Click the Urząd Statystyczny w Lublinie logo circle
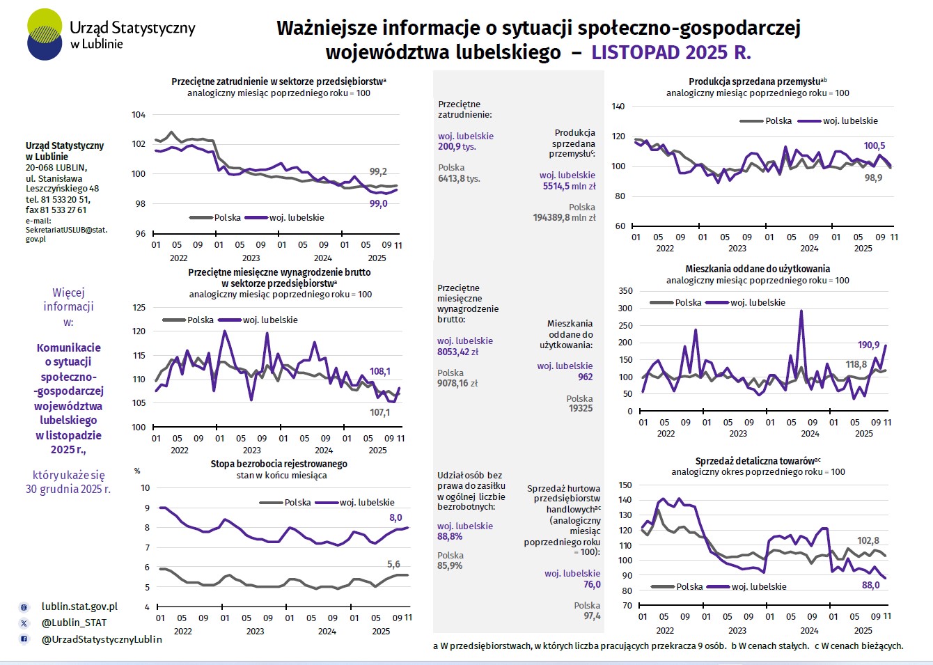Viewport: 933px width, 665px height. coord(45,34)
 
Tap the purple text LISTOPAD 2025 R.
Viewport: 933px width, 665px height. coord(671,52)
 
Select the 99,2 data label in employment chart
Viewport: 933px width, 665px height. coord(378,171)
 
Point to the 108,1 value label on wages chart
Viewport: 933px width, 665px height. coord(380,371)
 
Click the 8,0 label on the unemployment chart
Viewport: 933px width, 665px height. coord(395,517)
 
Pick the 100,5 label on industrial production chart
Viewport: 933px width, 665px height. coord(875,146)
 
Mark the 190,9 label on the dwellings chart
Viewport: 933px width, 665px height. coord(868,345)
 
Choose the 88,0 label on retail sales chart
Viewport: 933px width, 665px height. coord(870,585)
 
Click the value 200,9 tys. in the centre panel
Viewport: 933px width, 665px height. coord(457,147)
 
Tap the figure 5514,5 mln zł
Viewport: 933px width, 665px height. coord(569,186)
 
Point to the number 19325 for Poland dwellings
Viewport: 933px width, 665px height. coord(581,409)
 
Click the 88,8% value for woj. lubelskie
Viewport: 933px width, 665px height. coord(450,537)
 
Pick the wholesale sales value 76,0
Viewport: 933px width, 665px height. coord(592,584)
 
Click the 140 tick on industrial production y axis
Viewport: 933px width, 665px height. coord(618,107)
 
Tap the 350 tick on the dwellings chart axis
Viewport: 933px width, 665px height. coord(625,291)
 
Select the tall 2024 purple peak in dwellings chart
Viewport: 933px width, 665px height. coord(801,311)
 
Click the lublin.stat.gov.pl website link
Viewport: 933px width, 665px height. coord(79,607)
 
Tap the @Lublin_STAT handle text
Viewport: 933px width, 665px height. coord(74,623)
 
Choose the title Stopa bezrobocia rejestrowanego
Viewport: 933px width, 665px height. coord(279,464)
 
